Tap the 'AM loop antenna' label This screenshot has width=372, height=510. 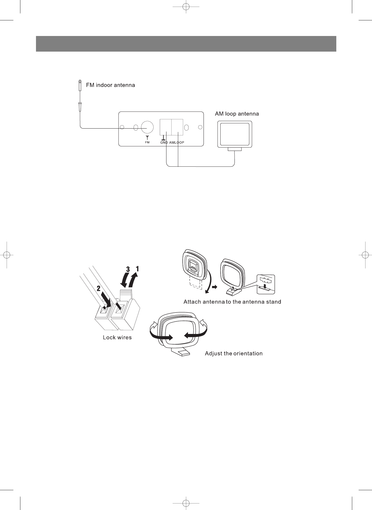pyautogui.click(x=237, y=114)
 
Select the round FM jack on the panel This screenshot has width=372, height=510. pyautogui.click(x=147, y=127)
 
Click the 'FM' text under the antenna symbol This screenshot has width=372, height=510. pyautogui.click(x=147, y=143)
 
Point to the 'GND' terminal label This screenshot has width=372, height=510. pyautogui.click(x=164, y=143)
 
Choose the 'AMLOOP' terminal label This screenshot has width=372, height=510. pyautogui.click(x=177, y=143)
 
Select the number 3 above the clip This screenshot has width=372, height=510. pyautogui.click(x=128, y=270)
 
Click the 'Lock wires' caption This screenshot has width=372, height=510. pyautogui.click(x=117, y=338)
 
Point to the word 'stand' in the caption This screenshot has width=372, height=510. pyautogui.click(x=272, y=302)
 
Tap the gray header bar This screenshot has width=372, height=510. pyautogui.click(x=186, y=44)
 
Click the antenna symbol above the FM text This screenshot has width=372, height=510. pyautogui.click(x=147, y=138)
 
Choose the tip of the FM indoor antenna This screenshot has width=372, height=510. pyautogui.click(x=80, y=82)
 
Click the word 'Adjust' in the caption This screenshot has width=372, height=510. pyautogui.click(x=213, y=353)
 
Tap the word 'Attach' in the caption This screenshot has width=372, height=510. pyautogui.click(x=192, y=302)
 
